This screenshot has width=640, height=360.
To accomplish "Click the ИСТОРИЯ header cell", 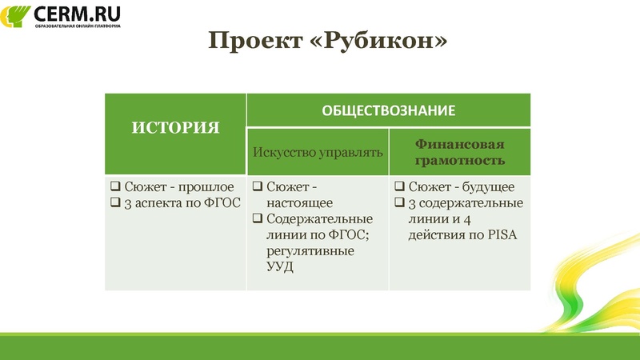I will click(175, 127).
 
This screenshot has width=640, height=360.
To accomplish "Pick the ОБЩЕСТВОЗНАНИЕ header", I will click(388, 110).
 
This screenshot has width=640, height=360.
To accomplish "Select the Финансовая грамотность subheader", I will click(459, 151).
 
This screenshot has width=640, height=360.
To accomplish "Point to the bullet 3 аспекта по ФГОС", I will click(180, 202).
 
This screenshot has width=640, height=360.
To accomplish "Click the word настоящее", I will click(299, 202).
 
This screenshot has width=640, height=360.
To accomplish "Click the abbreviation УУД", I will click(280, 266).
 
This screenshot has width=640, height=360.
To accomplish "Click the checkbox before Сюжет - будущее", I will click(400, 187).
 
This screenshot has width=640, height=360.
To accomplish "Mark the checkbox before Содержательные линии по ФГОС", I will click(258, 219).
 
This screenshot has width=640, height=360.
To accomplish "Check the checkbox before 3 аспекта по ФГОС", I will click(114, 203).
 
